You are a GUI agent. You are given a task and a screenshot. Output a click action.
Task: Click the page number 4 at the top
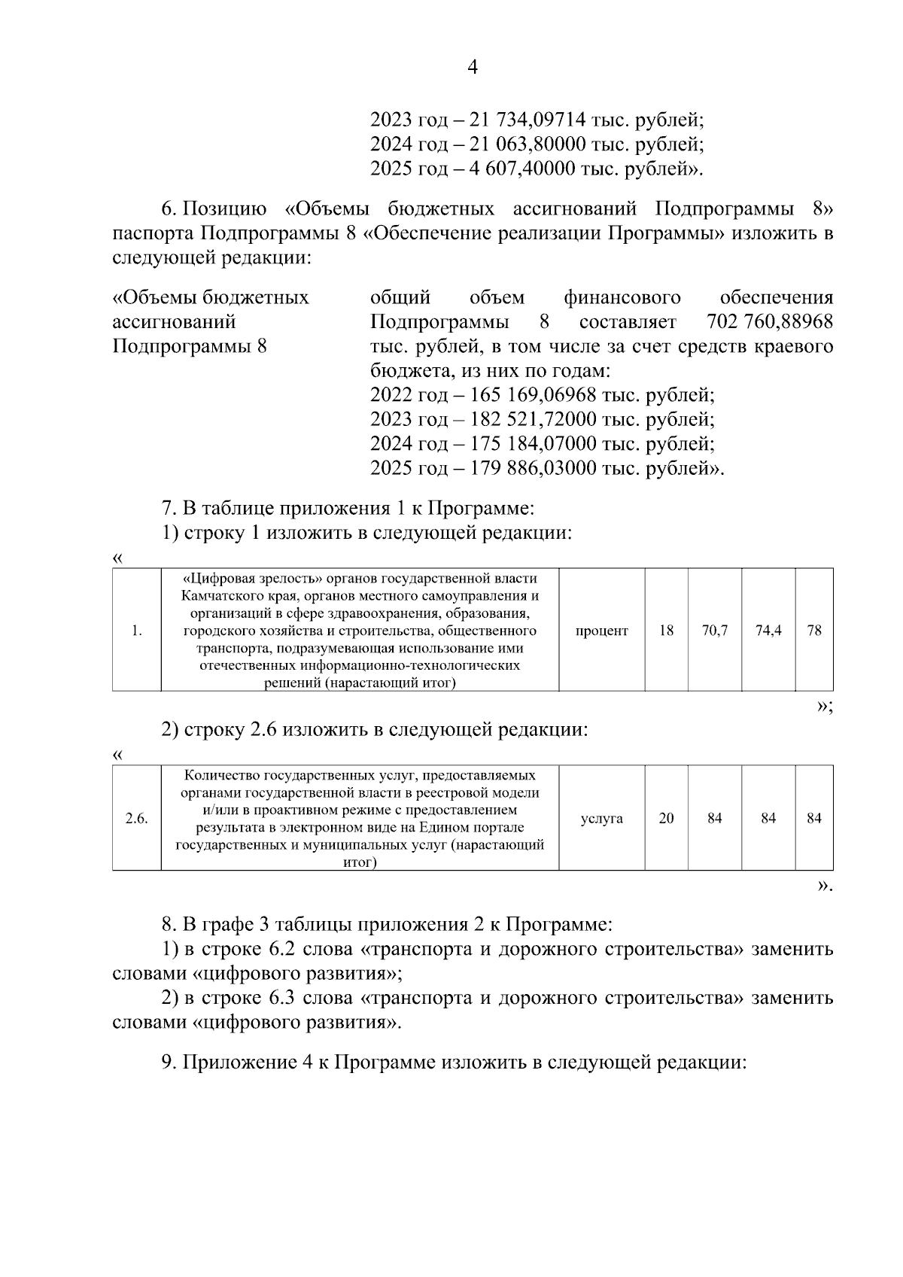(473, 68)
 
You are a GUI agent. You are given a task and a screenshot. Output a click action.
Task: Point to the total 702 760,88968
(770, 322)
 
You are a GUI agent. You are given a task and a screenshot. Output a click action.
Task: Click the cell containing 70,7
(714, 631)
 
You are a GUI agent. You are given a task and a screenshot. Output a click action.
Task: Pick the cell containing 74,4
(768, 631)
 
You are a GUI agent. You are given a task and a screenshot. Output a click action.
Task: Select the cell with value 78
(813, 631)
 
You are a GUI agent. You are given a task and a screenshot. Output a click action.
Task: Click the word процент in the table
(601, 631)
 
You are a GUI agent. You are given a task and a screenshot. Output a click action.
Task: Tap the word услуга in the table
(601, 818)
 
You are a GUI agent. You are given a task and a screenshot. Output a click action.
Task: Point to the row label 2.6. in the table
(136, 818)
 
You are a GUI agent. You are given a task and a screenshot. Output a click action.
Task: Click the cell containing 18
(666, 631)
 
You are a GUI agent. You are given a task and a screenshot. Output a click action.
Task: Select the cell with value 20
(666, 818)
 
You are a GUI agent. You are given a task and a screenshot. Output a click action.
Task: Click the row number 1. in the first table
(136, 631)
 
